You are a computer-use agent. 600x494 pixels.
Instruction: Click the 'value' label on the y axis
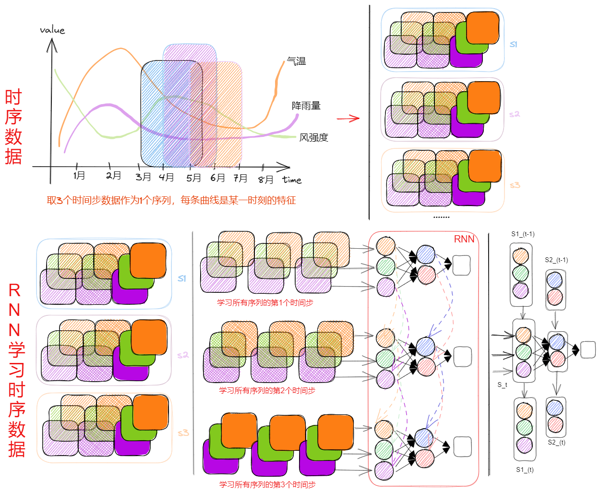point(52,30)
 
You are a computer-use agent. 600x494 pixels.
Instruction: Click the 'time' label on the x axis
point(292,180)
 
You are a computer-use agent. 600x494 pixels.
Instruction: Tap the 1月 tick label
point(79,175)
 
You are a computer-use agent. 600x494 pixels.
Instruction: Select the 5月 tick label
point(193,178)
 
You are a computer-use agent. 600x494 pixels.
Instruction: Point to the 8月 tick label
point(265,180)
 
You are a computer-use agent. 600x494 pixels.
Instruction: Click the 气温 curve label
point(296,61)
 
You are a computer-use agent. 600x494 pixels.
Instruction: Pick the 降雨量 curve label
point(306,106)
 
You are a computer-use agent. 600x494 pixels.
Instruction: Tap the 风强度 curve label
point(313,137)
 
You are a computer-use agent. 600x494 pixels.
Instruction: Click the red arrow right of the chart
point(348,118)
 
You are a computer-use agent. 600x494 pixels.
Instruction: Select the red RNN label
point(464,239)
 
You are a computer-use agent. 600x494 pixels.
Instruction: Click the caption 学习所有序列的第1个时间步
point(265,302)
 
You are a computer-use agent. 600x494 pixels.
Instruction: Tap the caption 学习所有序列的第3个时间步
point(267,484)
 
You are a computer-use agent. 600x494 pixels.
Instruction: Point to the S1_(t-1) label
point(523,234)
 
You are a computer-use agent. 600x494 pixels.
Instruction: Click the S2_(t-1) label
point(556,260)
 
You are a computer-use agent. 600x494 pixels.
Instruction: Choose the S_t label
point(502,385)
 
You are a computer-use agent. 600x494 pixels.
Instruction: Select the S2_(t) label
point(556,442)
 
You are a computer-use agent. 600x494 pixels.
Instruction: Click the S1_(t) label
point(525,470)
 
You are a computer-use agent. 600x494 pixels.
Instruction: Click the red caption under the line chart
point(171,200)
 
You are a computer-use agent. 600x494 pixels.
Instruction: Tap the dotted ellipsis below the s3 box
point(441,217)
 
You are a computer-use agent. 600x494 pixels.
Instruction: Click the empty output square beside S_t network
point(588,349)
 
